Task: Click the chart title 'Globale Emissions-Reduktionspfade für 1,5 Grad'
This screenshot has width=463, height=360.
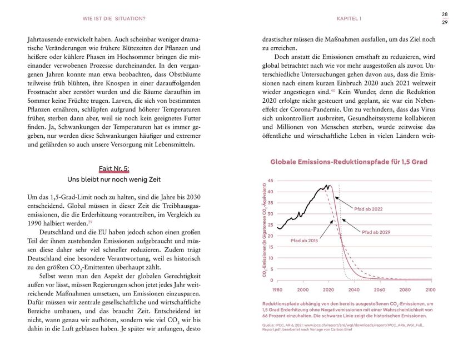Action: coord(349,162)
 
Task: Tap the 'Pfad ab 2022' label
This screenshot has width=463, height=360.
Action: coord(369,209)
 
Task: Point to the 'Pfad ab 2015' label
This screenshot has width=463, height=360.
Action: coord(305,239)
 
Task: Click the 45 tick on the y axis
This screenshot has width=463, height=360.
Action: coord(270,181)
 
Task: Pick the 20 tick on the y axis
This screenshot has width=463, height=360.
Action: coord(270,236)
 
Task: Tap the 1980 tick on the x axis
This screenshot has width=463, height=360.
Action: coord(277,289)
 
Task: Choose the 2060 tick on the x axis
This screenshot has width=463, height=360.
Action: coord(379,289)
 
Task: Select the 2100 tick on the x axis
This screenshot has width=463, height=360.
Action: coord(430,289)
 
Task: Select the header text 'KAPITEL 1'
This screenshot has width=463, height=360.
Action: coord(349,19)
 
